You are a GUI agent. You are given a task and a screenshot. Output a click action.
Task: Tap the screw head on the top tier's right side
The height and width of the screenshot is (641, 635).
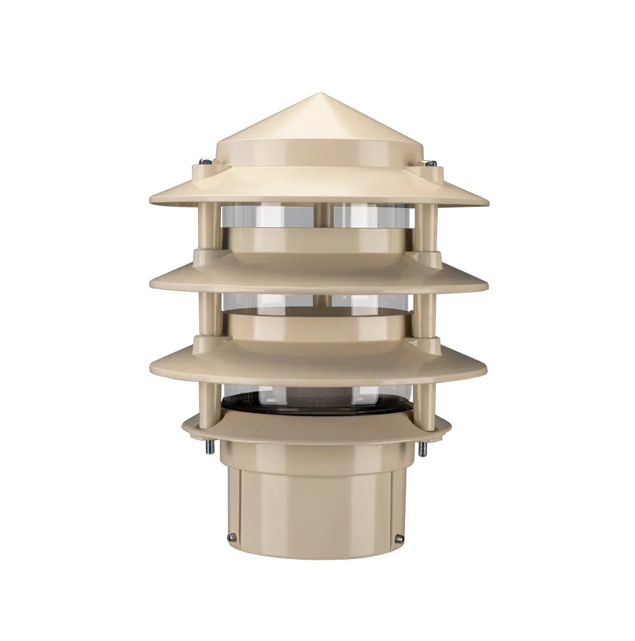pyautogui.click(x=431, y=163)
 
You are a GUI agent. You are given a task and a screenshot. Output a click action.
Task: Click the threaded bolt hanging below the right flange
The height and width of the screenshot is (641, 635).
pyautogui.click(x=422, y=449)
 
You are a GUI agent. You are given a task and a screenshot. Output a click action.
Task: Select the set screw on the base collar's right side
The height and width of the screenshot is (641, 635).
pyautogui.click(x=399, y=538)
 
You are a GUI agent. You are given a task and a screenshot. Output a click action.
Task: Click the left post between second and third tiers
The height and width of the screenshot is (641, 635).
pyautogui.click(x=210, y=315)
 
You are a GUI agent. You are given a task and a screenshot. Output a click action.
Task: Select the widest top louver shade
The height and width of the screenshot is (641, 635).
pyautogui.click(x=317, y=187)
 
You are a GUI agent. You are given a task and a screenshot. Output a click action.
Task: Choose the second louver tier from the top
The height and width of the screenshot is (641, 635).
pyautogui.click(x=317, y=276)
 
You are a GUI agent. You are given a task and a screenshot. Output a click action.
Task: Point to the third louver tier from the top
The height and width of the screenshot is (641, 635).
pyautogui.click(x=317, y=362)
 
